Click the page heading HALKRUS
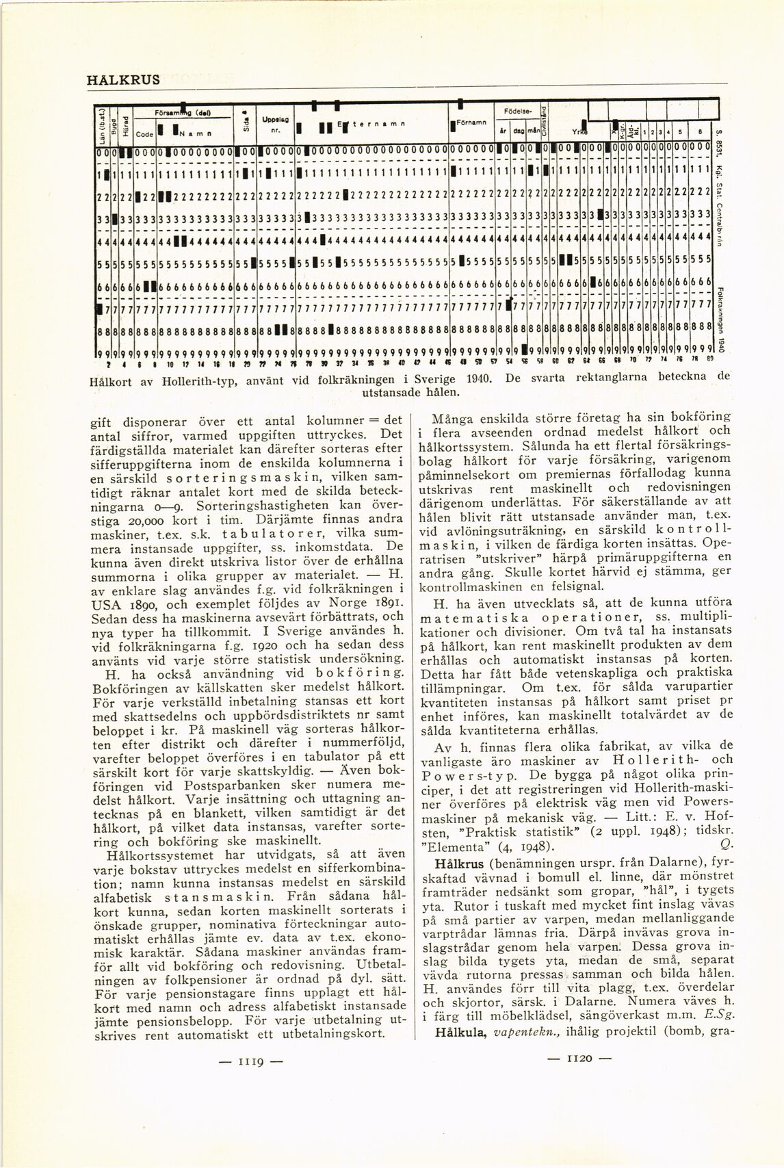tap(123, 79)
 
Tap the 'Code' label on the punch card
tap(144, 134)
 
